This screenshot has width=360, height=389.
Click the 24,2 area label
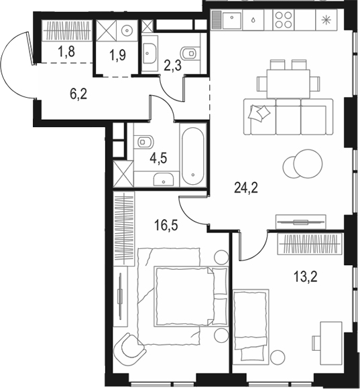pos(246,187)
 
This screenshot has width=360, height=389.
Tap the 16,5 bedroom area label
pos(166,225)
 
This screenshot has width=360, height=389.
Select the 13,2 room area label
pos(306,277)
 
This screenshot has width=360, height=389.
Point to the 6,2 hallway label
pos(78,94)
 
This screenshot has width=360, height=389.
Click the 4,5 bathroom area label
pos(158,158)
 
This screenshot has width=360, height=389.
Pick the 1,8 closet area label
pos(66,52)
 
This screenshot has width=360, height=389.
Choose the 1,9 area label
pos(117,55)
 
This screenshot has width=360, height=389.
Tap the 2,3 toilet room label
pos(172,66)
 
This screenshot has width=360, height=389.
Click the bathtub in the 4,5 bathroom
pos(193,156)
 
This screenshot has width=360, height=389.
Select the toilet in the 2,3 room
pos(190,53)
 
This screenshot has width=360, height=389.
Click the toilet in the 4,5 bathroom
pos(143,142)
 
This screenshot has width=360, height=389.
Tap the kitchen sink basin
pos(232,20)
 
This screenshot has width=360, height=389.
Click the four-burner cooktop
pos(284,20)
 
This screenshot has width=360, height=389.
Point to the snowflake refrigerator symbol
pos(325,20)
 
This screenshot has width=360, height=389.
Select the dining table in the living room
pos(288,84)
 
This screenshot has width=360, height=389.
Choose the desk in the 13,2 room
pos(331,343)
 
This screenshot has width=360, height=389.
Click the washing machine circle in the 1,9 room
pos(127,31)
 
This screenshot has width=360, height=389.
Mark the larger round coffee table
pos(308,164)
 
